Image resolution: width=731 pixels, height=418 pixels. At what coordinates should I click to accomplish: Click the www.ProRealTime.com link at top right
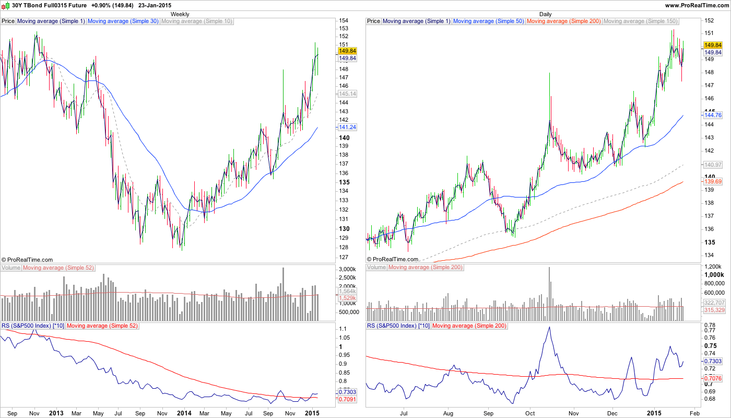coord(697,5)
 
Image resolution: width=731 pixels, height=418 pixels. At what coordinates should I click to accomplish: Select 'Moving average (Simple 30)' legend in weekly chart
coord(123,21)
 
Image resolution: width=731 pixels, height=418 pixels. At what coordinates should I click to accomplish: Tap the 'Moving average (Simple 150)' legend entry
coord(640,21)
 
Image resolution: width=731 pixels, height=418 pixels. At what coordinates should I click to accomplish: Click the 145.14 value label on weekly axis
coord(347,94)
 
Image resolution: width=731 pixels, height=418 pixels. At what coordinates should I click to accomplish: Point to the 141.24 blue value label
coord(347,127)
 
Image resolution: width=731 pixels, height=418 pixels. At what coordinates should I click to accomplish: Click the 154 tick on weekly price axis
coord(344,20)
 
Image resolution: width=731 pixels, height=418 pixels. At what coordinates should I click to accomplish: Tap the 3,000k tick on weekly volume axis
coord(347,269)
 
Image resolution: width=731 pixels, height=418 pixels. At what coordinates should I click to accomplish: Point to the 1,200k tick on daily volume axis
coord(714,266)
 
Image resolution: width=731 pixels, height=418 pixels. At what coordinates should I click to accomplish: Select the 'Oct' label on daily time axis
coord(530,413)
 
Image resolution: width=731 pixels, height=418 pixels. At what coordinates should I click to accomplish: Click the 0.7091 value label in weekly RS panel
coord(347,399)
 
